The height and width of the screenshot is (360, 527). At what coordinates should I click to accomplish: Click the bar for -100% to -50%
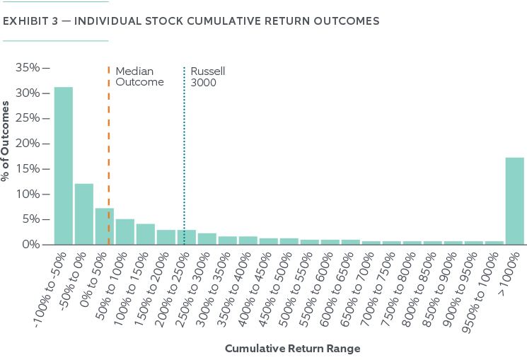64,166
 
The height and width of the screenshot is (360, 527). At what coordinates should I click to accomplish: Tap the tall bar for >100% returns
515,201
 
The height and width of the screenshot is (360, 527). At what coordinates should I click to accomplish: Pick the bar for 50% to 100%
124,232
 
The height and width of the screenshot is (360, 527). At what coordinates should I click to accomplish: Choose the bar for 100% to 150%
145,234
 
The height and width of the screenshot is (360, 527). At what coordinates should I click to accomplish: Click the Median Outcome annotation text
139,76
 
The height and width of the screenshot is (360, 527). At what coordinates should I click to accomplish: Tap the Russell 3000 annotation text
204,76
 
